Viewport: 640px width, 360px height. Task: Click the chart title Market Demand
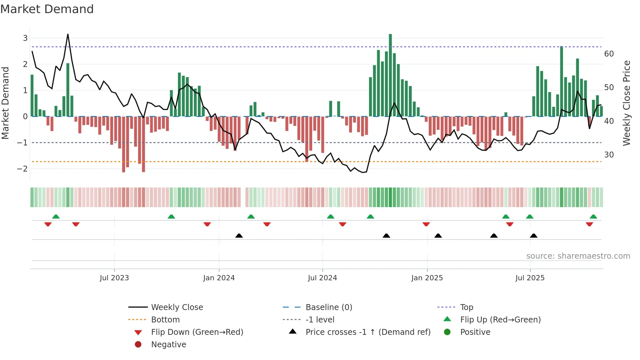tap(47, 9)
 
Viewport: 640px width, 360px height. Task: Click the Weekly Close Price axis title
tap(626, 103)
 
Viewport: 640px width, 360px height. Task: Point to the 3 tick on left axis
tap(25, 38)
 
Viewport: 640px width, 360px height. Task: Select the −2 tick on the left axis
tap(22, 169)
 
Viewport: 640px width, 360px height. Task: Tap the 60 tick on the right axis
tap(609, 54)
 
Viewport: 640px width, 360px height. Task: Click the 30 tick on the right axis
tap(609, 155)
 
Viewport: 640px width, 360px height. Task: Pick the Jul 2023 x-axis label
tap(114, 278)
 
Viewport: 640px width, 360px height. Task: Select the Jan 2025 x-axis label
tap(427, 278)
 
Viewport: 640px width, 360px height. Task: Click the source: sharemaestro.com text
tap(578, 256)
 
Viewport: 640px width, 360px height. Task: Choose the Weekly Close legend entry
tap(177, 307)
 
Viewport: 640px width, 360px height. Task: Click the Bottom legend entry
tap(165, 320)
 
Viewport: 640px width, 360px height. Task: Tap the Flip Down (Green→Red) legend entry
tap(197, 332)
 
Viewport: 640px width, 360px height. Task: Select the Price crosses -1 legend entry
tap(368, 332)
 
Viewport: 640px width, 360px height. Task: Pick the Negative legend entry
tap(168, 345)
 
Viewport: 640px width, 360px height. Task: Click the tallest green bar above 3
tap(390, 75)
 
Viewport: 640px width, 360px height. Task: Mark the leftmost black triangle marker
tap(239, 236)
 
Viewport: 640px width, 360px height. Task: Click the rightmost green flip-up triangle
tap(593, 217)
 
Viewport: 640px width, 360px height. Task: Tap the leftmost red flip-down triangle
tap(48, 224)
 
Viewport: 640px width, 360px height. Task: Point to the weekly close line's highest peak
tap(68, 34)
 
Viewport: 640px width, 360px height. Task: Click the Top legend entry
tap(466, 307)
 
